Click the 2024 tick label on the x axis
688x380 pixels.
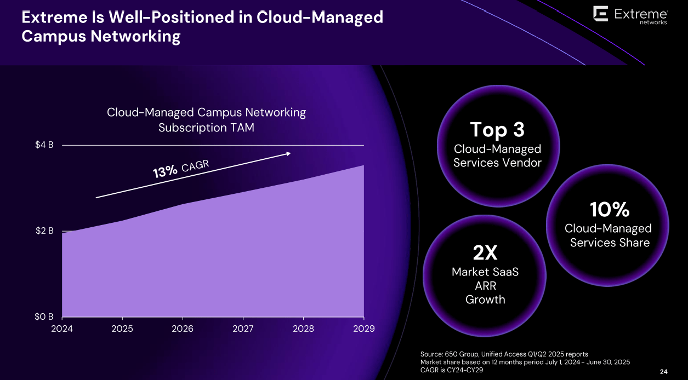[x=61, y=329]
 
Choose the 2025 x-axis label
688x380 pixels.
[x=122, y=329]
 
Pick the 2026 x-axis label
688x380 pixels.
[x=183, y=329]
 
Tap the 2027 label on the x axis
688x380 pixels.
[x=243, y=329]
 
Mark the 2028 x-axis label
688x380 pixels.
[x=303, y=329]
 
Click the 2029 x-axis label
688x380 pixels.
[x=363, y=329]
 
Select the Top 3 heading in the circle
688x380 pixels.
[x=497, y=130]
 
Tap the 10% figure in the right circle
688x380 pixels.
[x=609, y=209]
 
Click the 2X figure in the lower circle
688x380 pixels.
[x=485, y=253]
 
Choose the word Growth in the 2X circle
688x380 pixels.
[x=485, y=300]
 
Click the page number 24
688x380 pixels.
[x=663, y=372]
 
